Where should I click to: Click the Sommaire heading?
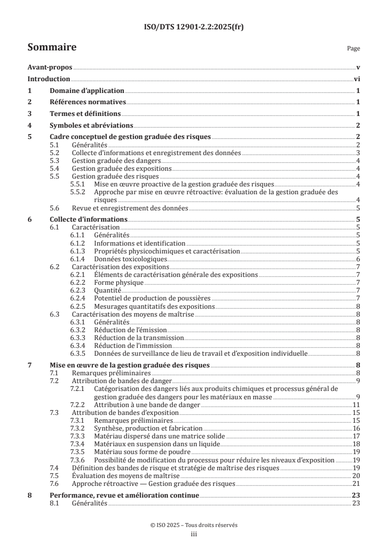(52, 47)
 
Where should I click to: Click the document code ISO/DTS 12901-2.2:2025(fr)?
(194, 27)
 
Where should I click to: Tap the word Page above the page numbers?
(353, 48)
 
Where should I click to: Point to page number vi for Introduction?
(357, 79)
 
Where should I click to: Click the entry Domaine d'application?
(87, 91)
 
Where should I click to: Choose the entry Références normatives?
(88, 102)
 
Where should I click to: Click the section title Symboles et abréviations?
(92, 125)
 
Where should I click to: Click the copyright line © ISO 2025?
(194, 525)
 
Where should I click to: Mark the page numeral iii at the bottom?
(194, 534)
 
